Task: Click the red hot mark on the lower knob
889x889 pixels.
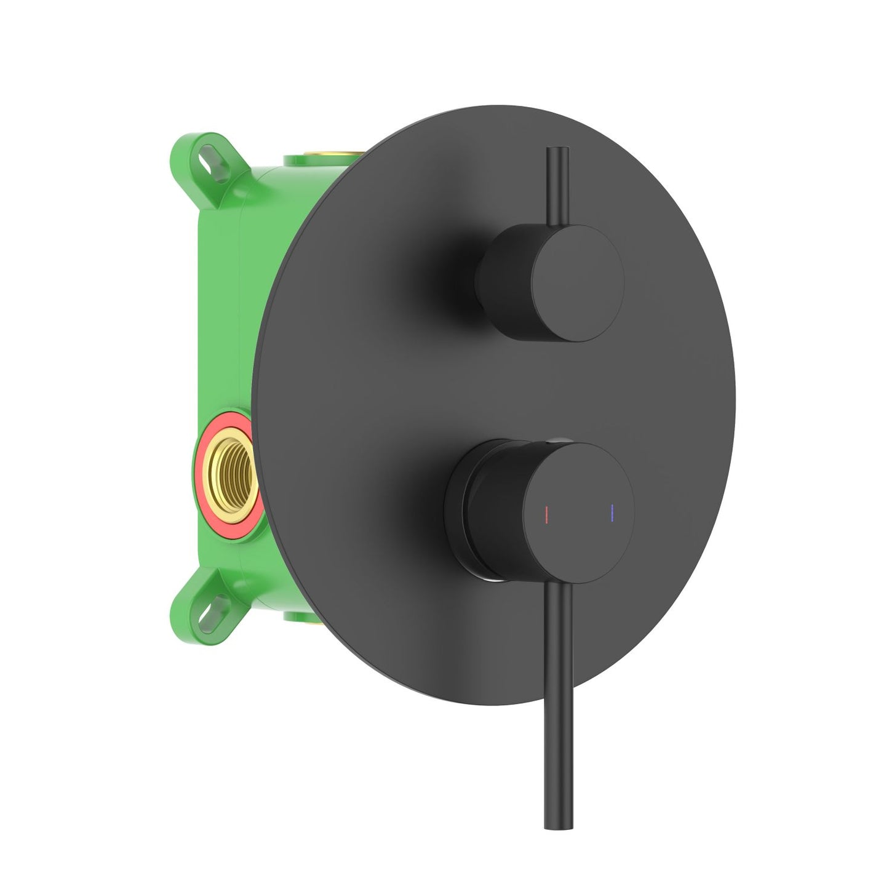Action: [546, 512]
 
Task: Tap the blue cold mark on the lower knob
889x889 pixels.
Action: [613, 512]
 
